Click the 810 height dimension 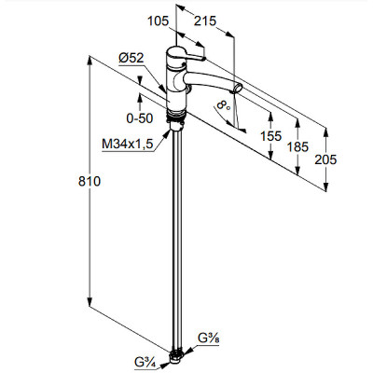[x=90, y=181]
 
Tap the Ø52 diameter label [x=131, y=58]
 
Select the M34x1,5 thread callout [x=128, y=144]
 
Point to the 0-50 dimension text [x=140, y=118]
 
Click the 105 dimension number [x=158, y=21]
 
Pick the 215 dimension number [x=205, y=21]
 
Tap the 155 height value [x=270, y=136]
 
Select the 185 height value [x=297, y=146]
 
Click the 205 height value [x=325, y=159]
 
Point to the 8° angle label [x=224, y=104]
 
